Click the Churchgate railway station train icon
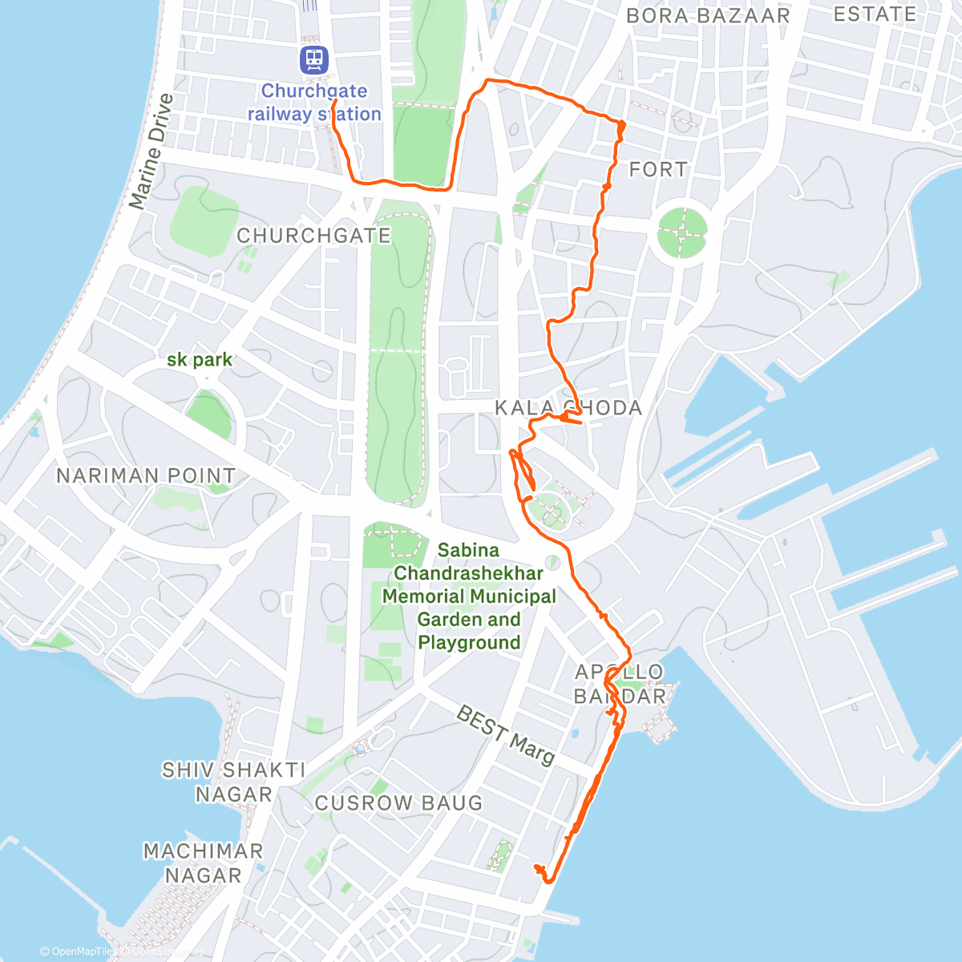coord(314,59)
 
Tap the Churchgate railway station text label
coord(314,103)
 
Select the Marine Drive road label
coord(152,152)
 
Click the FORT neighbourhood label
coord(658,170)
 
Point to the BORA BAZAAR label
coord(708,16)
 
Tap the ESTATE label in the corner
coord(875,14)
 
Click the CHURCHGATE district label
coord(313,236)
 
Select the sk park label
coord(200,360)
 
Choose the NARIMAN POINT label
coord(146,476)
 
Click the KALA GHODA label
coord(568,408)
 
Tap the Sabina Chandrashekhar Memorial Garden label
coord(469,596)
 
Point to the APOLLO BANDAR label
coord(620,684)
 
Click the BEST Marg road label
coord(505,735)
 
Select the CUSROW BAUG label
coord(398,803)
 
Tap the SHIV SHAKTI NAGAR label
coord(233,782)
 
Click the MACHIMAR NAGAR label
coord(204,863)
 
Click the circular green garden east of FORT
coord(682,232)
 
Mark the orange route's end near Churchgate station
coord(333,103)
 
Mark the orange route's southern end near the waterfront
coord(536,867)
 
